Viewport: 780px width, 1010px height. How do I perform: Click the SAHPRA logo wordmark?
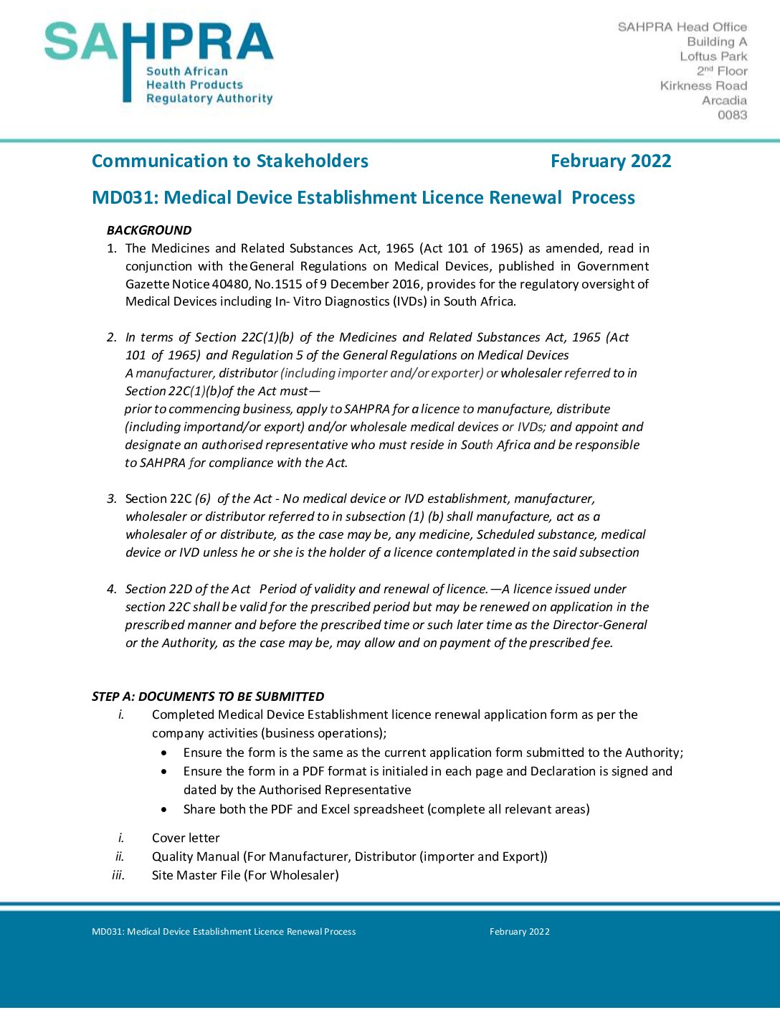[158, 43]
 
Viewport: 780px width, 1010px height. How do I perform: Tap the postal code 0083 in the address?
[732, 115]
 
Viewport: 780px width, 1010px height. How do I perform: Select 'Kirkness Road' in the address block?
[703, 85]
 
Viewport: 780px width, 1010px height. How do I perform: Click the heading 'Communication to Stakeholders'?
[230, 161]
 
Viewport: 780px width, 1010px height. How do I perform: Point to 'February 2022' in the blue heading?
[611, 161]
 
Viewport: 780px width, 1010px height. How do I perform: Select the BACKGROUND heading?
[149, 230]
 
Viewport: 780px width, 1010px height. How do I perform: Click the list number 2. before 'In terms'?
[112, 337]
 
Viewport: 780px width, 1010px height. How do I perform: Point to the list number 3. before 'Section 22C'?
[112, 499]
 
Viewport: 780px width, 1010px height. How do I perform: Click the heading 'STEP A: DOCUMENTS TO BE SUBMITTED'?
[208, 697]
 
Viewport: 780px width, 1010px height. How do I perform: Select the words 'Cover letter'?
[186, 838]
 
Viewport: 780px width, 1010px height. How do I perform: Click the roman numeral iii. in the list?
[118, 875]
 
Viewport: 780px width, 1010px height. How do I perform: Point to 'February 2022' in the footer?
[520, 932]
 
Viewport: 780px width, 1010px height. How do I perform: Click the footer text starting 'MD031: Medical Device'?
[224, 932]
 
